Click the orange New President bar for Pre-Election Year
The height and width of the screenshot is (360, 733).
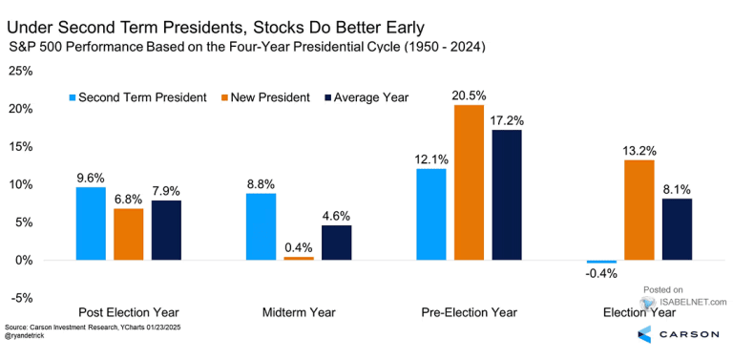tap(469, 182)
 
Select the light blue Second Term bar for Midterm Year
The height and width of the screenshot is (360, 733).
tap(261, 226)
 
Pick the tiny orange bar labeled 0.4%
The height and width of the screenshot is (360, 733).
tap(299, 259)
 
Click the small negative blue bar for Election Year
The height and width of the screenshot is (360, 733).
tap(601, 262)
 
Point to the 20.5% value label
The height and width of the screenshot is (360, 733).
tap(469, 95)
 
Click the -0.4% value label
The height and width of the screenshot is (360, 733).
tap(601, 274)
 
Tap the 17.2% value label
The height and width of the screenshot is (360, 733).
tap(507, 120)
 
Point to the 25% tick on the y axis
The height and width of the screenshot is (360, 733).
tap(20, 71)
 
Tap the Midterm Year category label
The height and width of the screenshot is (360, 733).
tap(299, 312)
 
